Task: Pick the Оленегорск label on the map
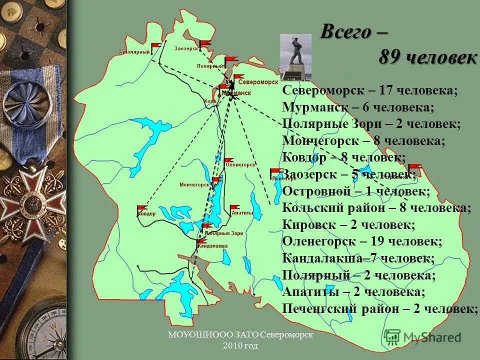[x=240, y=164]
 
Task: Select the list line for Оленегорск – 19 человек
[x=362, y=241]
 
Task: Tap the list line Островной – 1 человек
[x=355, y=191]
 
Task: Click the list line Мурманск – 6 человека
[x=357, y=107]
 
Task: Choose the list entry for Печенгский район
[x=380, y=308]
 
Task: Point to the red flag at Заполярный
[x=156, y=45]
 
